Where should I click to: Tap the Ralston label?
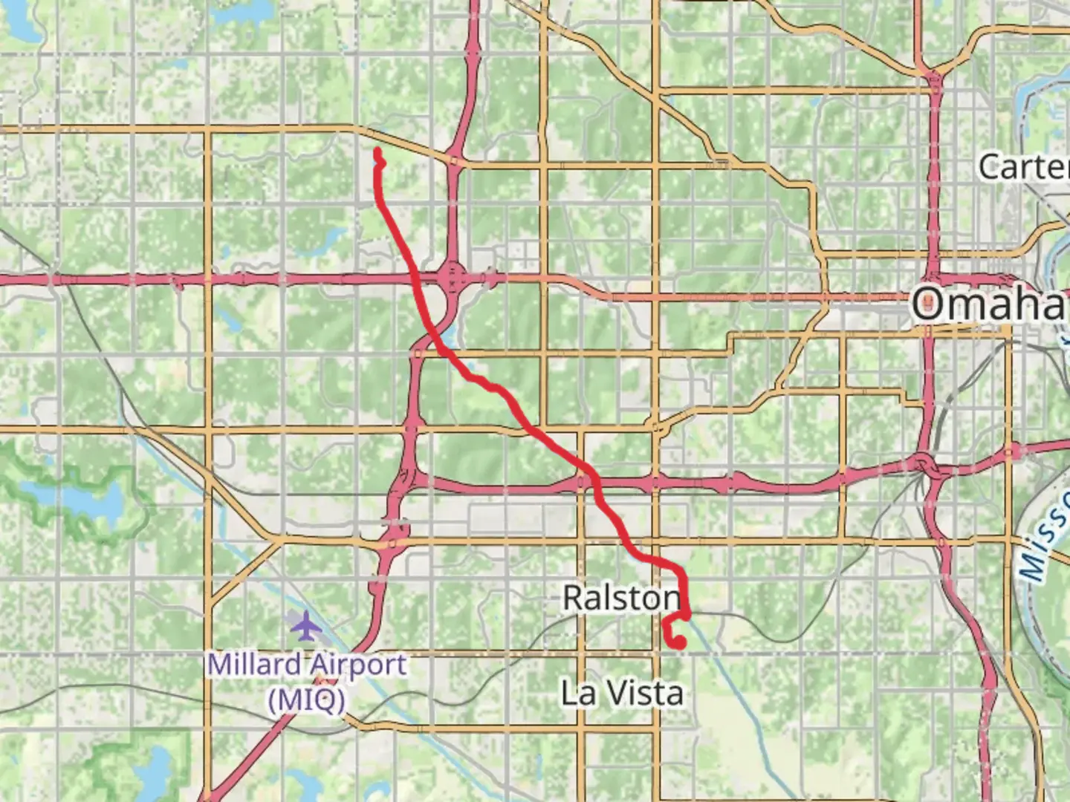click(x=621, y=598)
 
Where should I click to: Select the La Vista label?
click(x=622, y=693)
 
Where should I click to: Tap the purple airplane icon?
click(x=305, y=626)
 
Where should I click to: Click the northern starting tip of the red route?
click(x=377, y=151)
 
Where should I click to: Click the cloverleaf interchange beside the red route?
click(x=453, y=279)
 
